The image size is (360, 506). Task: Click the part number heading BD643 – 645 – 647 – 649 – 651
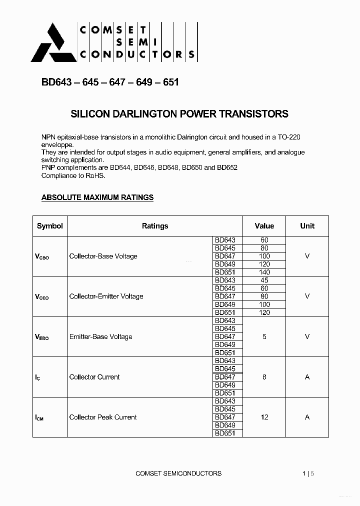(109, 82)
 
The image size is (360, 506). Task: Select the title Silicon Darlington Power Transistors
(179, 114)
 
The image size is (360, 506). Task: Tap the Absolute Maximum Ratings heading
(97, 197)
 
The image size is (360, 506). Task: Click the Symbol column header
(50, 226)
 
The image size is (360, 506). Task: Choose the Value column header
(264, 226)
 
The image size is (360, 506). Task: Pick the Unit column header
(307, 226)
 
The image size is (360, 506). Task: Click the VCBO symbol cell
(42, 256)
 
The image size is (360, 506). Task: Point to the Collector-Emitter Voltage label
(106, 296)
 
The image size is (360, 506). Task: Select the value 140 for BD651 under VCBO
(264, 272)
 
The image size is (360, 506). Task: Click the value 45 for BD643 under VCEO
(264, 280)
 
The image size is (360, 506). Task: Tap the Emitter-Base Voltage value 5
(264, 336)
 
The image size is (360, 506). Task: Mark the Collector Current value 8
(264, 377)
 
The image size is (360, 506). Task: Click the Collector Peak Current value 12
(264, 417)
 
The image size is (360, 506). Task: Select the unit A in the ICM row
(307, 417)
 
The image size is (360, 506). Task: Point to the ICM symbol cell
(39, 417)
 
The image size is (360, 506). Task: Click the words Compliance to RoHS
(73, 175)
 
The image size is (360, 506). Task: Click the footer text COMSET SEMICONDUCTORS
(178, 473)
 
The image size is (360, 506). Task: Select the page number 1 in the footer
(304, 473)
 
